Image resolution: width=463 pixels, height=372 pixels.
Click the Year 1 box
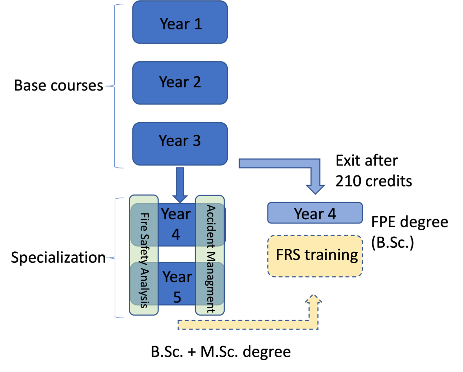pos(180,22)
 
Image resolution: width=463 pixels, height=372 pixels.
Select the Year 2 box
pos(180,83)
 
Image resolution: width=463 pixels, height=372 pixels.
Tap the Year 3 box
pos(180,144)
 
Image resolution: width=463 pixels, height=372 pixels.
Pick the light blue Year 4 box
pos(315,213)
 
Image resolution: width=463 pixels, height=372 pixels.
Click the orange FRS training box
pos(315,256)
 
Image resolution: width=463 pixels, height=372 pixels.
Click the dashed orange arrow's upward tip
pos(313,296)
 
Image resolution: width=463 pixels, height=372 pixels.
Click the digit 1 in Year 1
pos(198,24)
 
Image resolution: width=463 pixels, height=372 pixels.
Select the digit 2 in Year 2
pos(197,82)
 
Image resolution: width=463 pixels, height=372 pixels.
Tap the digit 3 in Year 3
pos(197,141)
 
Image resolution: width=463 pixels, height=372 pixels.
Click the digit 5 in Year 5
pos(177,297)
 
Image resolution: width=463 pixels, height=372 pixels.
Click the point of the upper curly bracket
pos(106,86)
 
